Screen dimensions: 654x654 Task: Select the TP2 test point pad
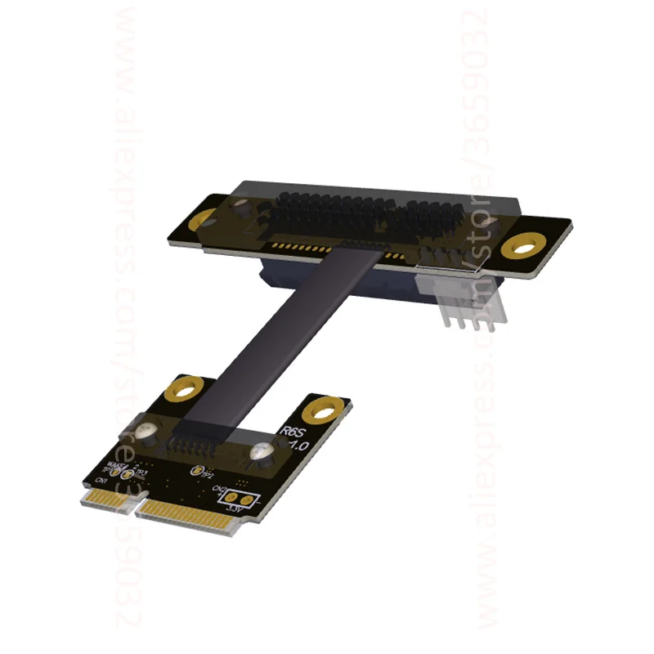tap(196, 471)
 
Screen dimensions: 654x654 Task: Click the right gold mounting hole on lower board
tap(327, 406)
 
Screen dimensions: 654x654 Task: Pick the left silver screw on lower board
tap(147, 430)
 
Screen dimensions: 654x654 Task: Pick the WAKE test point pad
tap(117, 473)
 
